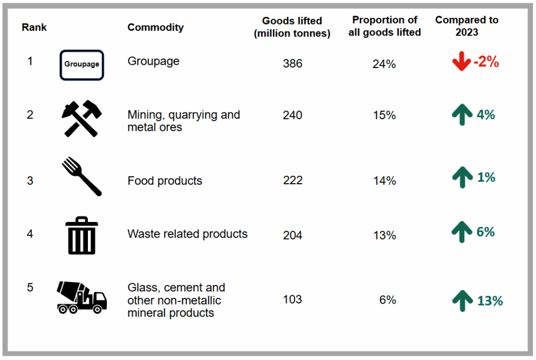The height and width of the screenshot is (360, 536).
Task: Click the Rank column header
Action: (34, 27)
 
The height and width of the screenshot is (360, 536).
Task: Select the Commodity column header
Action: (155, 27)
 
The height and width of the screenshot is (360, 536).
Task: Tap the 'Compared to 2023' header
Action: (466, 26)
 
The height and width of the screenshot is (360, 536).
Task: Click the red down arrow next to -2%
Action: (461, 62)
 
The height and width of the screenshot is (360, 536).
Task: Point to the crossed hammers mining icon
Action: (82, 118)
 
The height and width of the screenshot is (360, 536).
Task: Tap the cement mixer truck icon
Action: (82, 297)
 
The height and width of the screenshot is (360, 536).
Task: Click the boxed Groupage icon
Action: (82, 65)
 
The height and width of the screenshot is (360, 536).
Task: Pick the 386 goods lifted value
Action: (292, 64)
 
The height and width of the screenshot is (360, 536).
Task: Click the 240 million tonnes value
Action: (292, 115)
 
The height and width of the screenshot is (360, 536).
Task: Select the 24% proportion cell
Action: (384, 64)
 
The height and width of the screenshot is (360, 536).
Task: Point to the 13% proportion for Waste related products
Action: (384, 235)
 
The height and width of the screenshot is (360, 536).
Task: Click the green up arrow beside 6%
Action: (461, 232)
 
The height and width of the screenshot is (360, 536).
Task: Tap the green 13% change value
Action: (489, 301)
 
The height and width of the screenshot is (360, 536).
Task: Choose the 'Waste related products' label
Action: (187, 234)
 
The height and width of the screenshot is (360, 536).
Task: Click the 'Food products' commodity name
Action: (165, 181)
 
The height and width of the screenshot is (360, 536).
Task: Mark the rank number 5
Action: (30, 287)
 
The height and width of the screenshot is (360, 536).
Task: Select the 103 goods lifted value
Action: (292, 299)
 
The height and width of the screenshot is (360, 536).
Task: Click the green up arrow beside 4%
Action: (461, 115)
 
